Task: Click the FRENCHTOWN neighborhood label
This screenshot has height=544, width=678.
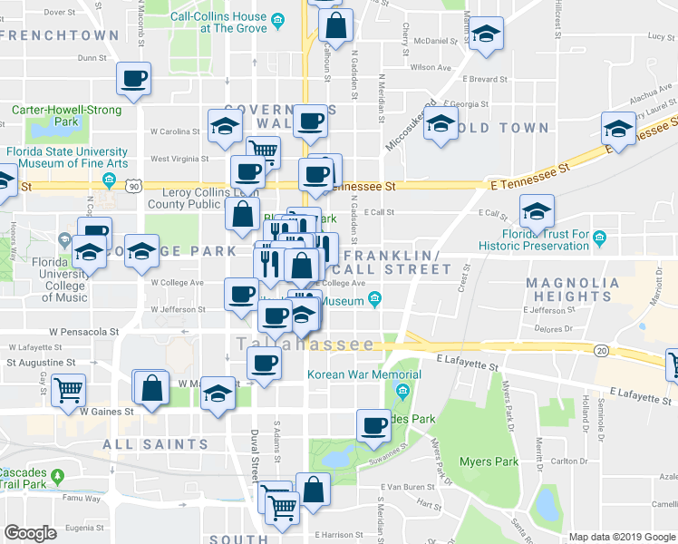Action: [61, 35]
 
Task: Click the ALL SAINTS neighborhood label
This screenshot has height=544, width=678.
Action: [155, 444]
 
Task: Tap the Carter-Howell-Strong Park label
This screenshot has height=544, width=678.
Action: [66, 115]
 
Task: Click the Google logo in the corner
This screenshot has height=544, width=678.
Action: [31, 533]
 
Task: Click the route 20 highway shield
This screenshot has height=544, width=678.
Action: [601, 350]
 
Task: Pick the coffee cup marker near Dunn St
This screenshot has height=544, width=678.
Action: [133, 78]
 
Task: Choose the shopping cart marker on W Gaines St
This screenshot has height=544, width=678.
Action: [69, 390]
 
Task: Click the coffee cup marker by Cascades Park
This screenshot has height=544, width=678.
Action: [372, 425]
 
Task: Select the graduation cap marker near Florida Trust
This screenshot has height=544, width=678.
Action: [537, 213]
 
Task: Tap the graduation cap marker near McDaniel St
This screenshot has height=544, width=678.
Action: [486, 35]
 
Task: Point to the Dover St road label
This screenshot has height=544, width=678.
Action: [59, 13]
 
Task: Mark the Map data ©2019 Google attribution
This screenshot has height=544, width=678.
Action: [622, 537]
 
